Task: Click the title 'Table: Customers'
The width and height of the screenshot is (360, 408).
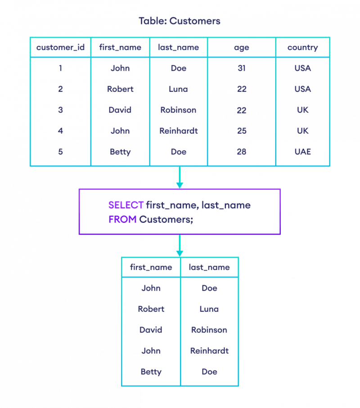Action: click(x=180, y=21)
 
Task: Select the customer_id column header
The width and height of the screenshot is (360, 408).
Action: click(x=60, y=47)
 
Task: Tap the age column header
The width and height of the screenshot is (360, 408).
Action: click(x=242, y=48)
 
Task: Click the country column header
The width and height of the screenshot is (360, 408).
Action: click(x=303, y=47)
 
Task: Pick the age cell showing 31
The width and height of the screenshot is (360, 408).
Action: click(x=242, y=68)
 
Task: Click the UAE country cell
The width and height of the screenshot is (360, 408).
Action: click(x=303, y=152)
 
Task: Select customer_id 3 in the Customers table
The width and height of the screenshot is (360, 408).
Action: click(x=60, y=110)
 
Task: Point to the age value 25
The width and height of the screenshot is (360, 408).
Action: click(x=242, y=130)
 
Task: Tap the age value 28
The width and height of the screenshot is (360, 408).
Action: click(x=242, y=152)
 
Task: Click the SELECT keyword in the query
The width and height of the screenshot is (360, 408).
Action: click(x=126, y=205)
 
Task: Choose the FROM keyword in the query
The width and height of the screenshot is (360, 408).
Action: click(x=122, y=220)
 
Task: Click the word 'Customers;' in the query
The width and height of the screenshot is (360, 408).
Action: click(x=166, y=220)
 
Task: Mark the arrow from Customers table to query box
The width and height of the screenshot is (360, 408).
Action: click(x=180, y=177)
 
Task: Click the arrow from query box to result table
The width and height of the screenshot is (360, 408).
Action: click(x=180, y=246)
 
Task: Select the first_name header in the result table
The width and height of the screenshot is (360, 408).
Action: click(x=151, y=267)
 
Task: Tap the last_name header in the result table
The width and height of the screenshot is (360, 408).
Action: click(x=209, y=267)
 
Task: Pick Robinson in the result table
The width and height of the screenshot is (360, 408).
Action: click(x=209, y=330)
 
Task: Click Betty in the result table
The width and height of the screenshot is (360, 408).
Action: click(x=151, y=372)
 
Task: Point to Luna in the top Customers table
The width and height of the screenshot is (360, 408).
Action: click(x=178, y=89)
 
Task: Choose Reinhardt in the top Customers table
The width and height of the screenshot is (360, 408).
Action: click(x=179, y=130)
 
